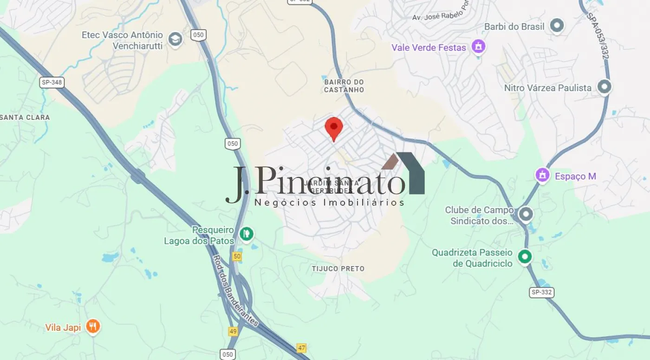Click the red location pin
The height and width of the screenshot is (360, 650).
333,128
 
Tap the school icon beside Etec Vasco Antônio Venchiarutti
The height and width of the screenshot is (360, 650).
175,39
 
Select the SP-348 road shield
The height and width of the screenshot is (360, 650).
51,83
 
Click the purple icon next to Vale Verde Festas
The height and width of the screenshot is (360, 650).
478,46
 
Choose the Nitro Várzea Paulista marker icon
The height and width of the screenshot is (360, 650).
604,87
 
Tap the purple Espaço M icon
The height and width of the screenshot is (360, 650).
542,176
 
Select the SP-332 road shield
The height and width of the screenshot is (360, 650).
542,292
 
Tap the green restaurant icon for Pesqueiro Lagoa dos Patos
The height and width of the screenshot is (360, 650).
247,233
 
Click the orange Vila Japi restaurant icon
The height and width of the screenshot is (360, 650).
93,327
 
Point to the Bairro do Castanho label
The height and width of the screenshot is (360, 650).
344,86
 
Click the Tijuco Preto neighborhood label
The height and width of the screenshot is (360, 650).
338,268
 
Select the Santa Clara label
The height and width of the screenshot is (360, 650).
25,118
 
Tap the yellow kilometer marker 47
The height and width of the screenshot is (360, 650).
302,347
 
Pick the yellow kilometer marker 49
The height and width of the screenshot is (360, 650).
233,331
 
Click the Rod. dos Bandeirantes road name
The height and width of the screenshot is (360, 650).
235,290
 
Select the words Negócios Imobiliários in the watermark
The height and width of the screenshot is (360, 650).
330,203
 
